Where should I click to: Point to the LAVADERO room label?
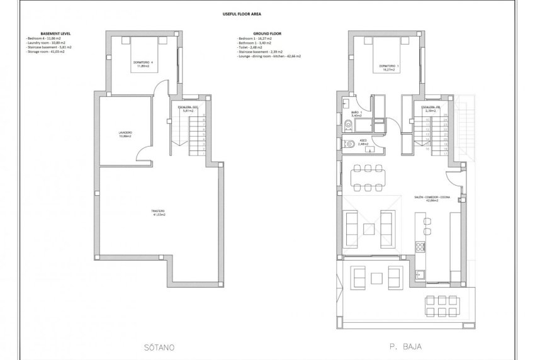coord(125,133)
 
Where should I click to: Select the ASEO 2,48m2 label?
coord(363,142)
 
